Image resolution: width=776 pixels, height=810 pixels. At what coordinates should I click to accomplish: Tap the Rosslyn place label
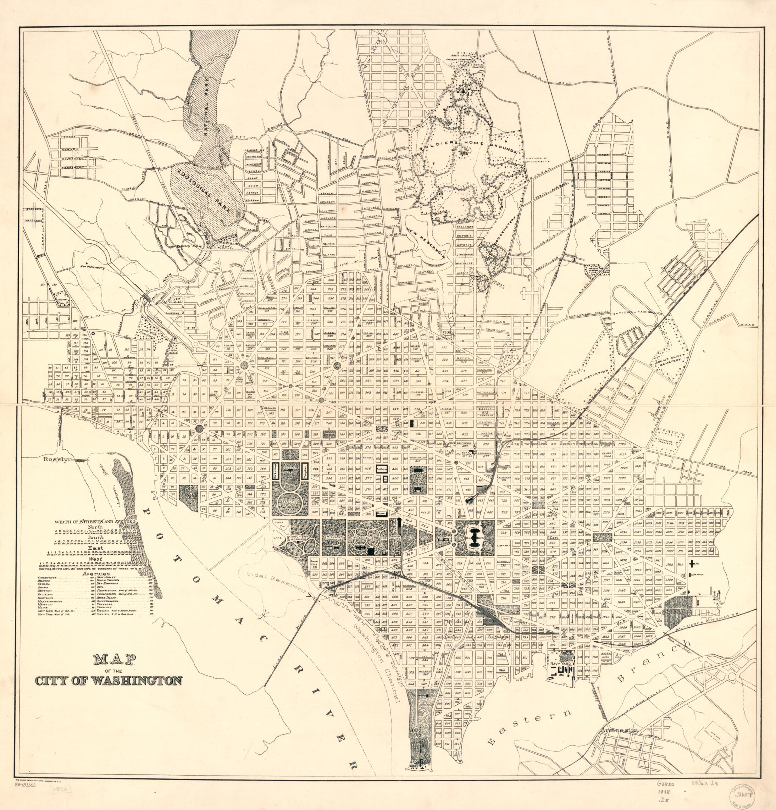(55, 458)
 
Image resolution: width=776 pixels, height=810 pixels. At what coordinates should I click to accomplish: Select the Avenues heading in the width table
(96, 574)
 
